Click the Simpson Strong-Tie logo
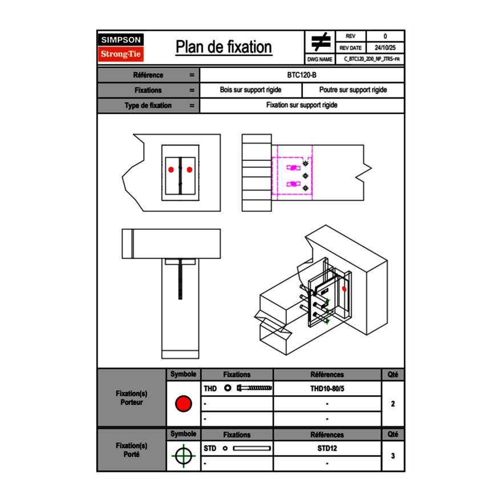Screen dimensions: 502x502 [122, 47]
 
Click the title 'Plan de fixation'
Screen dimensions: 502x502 [224, 47]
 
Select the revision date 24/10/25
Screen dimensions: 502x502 [385, 48]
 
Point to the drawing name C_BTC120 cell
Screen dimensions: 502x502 [371, 59]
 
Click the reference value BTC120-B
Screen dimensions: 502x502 [302, 75]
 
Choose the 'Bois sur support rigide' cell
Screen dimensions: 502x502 [251, 90]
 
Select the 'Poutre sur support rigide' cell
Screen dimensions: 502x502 [353, 90]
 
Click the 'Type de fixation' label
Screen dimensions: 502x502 [148, 106]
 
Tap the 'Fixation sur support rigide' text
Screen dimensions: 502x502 [302, 106]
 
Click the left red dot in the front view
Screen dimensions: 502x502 [171, 169]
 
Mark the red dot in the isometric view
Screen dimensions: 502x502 [344, 289]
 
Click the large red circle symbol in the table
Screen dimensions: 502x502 [183, 404]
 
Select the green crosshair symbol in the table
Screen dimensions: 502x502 [183, 456]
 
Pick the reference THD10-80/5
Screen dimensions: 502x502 [327, 388]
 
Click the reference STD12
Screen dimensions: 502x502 [327, 448]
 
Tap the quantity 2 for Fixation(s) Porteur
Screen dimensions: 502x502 [392, 404]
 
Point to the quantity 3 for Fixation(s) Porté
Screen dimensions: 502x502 [392, 456]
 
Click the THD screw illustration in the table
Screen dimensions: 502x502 [254, 388]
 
